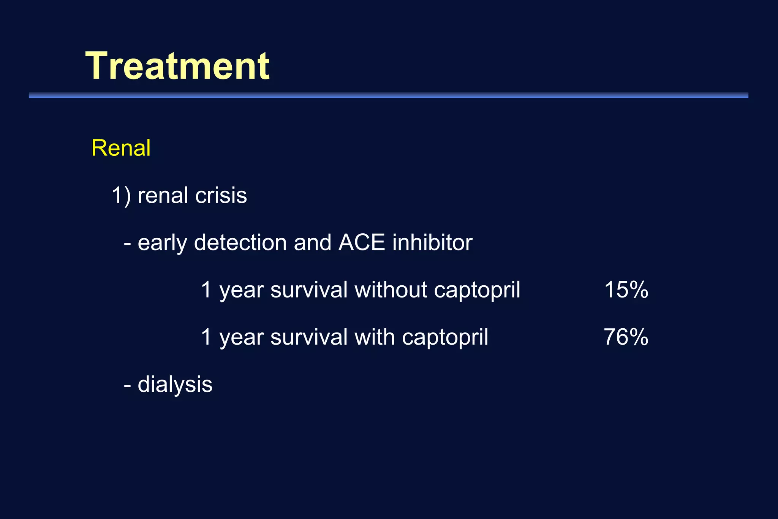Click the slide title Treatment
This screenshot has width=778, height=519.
tap(177, 66)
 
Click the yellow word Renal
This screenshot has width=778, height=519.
tap(121, 148)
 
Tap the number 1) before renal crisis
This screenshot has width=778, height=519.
tap(121, 196)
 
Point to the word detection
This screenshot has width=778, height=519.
tap(240, 243)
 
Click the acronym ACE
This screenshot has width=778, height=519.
tap(362, 243)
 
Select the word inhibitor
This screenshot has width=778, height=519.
tap(432, 243)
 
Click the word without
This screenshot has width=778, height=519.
tap(391, 290)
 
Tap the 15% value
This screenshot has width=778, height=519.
tap(626, 290)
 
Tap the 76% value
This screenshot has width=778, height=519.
tap(626, 337)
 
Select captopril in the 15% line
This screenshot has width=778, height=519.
tap(477, 291)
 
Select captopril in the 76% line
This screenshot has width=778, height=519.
tap(445, 338)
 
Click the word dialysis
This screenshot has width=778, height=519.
tap(175, 385)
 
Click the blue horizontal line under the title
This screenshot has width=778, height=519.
tap(388, 95)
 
